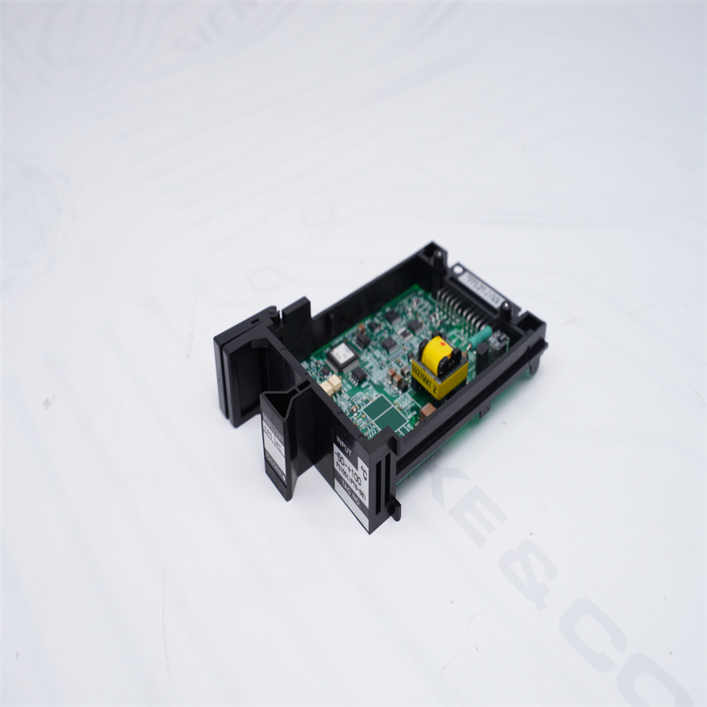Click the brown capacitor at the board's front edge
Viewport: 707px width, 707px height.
(x=427, y=410)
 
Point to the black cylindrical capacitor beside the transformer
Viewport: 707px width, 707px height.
(x=483, y=352)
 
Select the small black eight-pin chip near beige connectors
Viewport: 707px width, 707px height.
(x=357, y=376)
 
